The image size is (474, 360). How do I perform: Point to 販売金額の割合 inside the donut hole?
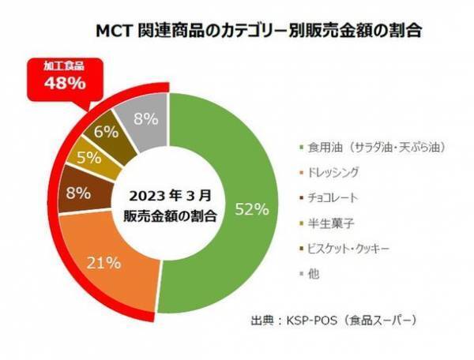point(166,216)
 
